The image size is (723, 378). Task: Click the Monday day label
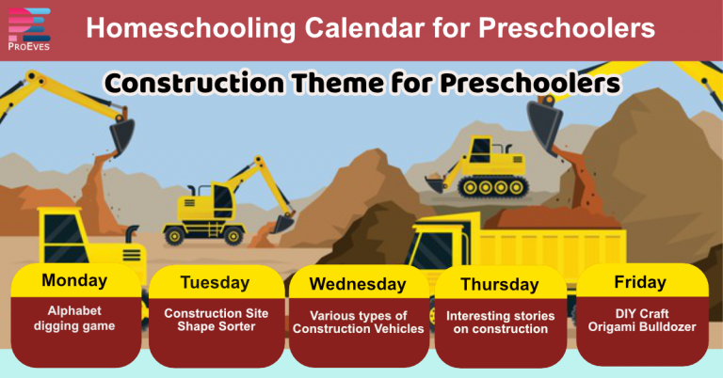pos(74,280)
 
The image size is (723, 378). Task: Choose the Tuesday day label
pos(216,282)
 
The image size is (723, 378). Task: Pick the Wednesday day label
pos(358,284)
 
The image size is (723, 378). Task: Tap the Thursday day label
pos(499,284)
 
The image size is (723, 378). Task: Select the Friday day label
pos(640,282)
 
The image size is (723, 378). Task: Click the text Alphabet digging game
pos(74,318)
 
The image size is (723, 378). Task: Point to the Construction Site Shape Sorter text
pos(216,320)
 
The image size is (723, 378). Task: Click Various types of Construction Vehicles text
pos(358,322)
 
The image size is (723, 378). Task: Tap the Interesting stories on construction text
pos(499,323)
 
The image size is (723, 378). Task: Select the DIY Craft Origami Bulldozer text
pos(640,320)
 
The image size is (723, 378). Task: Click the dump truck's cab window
pos(435,246)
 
